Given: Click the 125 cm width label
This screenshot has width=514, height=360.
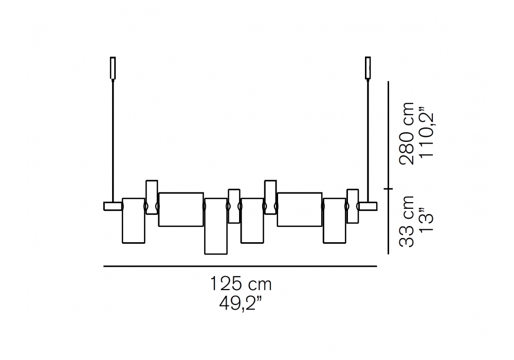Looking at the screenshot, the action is [x=240, y=284].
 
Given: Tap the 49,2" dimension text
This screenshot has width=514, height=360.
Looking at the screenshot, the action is [x=241, y=304].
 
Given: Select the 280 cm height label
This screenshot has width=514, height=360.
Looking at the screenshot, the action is [x=407, y=133].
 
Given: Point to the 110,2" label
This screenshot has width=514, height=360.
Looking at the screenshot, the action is [x=427, y=135].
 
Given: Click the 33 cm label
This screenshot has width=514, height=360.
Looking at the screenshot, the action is [x=407, y=221].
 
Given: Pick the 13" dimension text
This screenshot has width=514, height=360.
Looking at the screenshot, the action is [x=427, y=220].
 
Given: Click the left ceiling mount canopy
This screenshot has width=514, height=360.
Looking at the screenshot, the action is [x=113, y=68].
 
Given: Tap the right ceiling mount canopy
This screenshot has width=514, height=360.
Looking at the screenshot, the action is [x=368, y=68].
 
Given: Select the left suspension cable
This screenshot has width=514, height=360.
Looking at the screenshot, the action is [x=113, y=140].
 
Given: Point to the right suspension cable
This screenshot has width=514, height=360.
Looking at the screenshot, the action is [x=368, y=140].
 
